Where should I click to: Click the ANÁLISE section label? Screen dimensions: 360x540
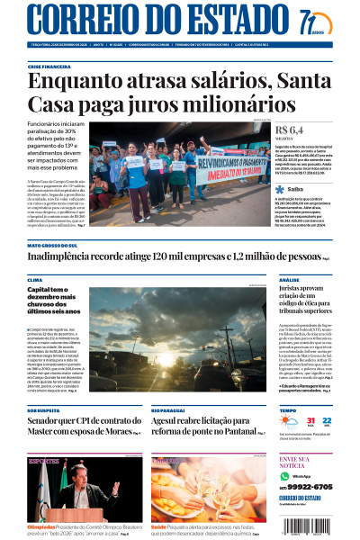point(289,281)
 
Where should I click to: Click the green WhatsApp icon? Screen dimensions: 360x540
point(285,475)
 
